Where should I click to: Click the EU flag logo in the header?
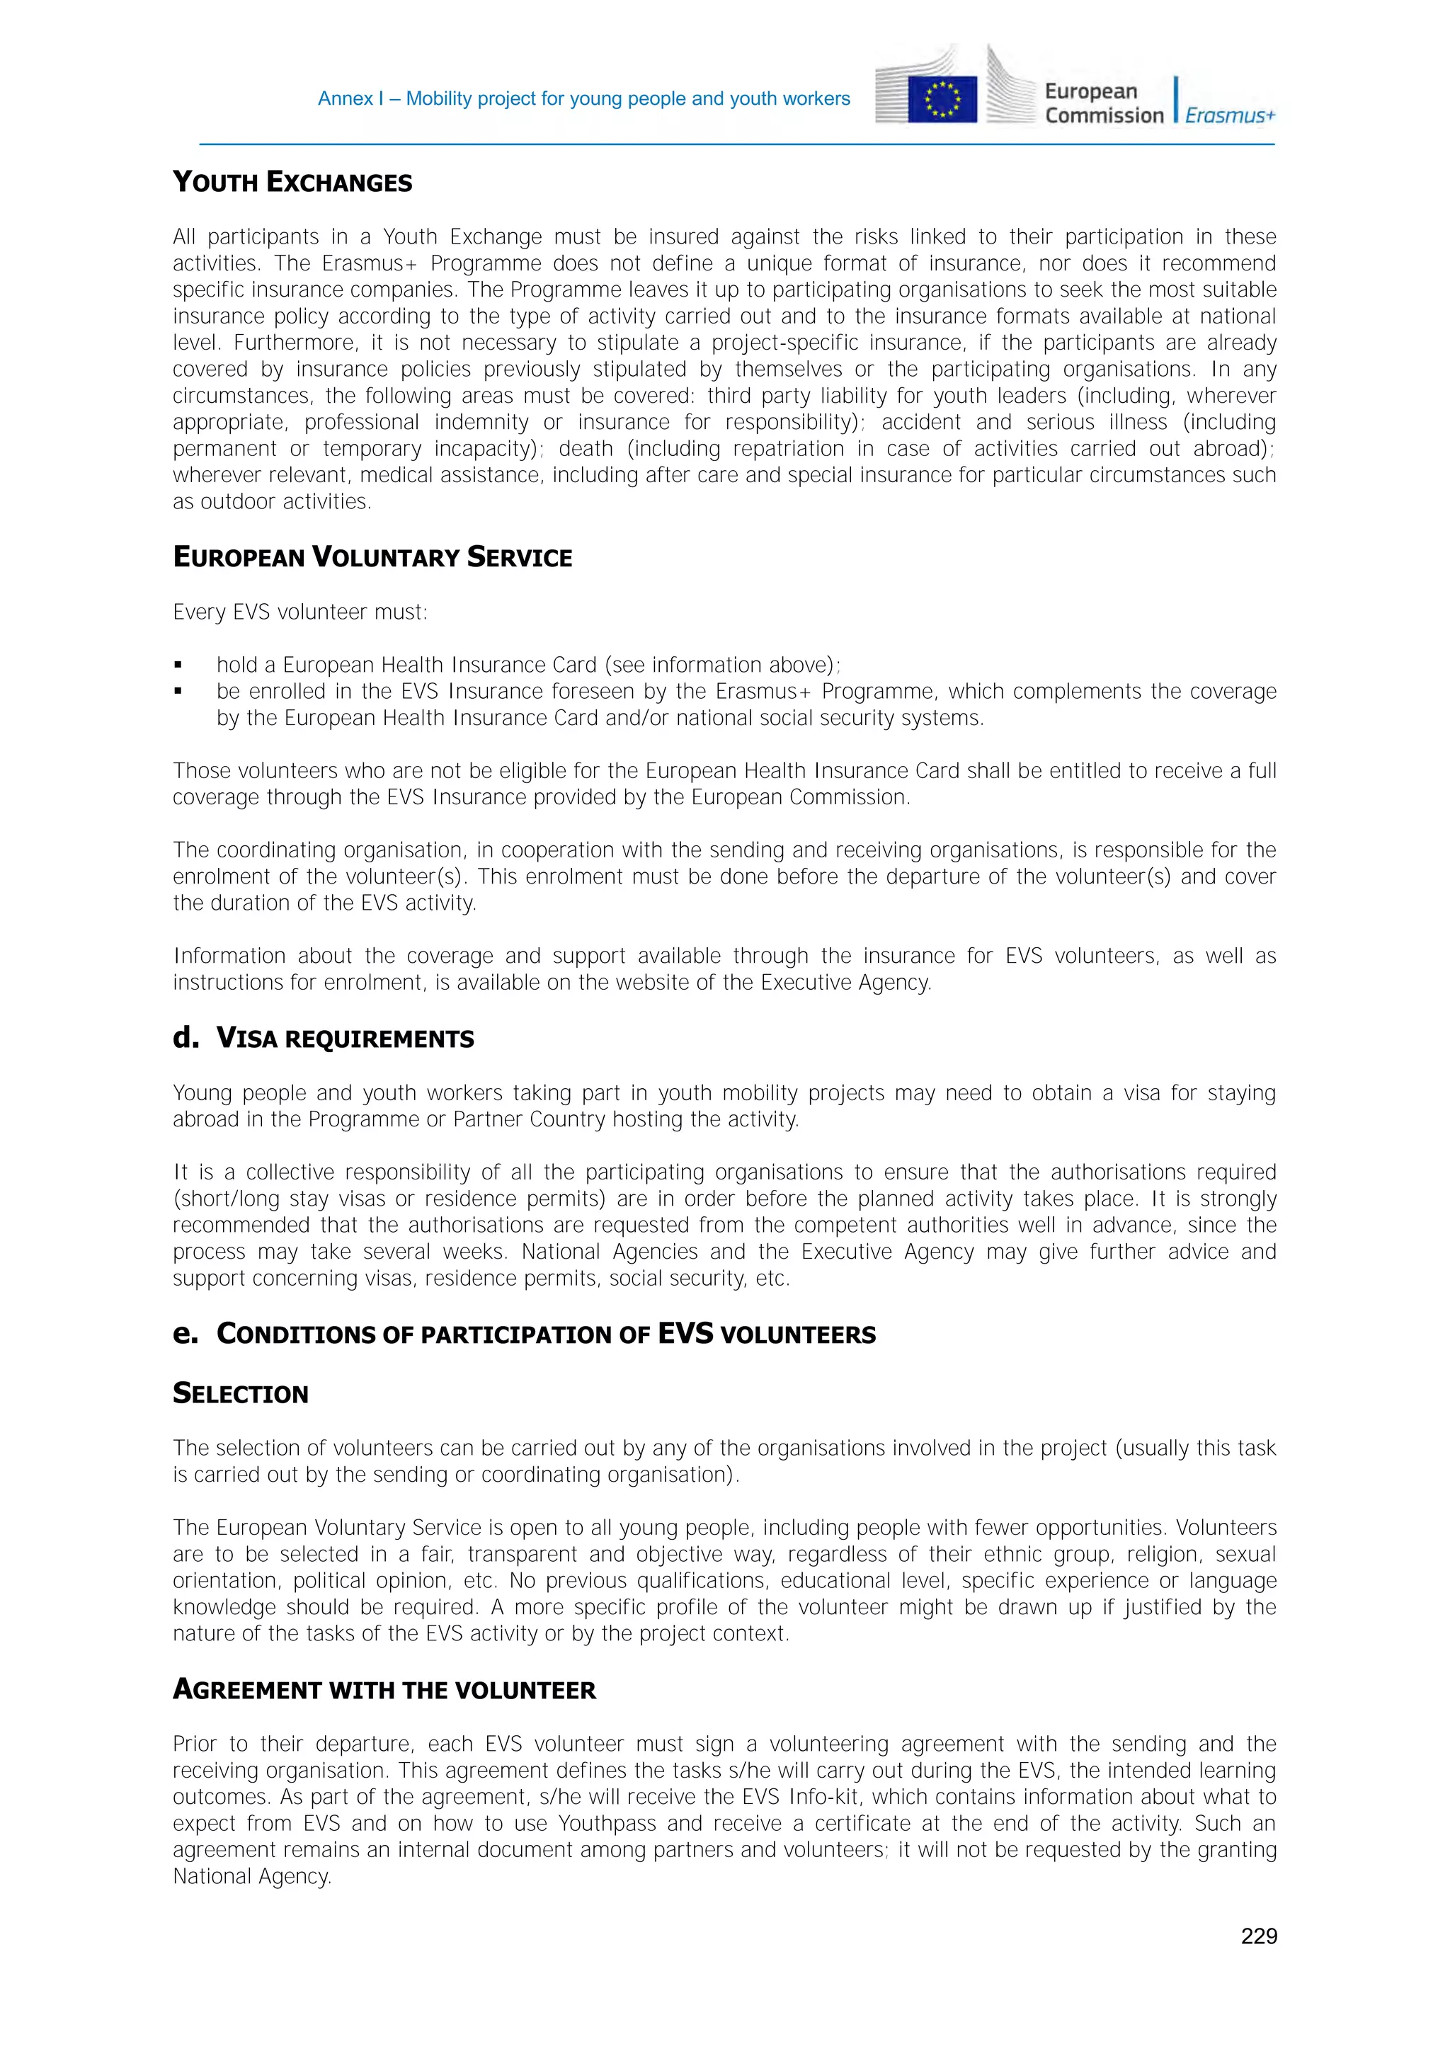[942, 99]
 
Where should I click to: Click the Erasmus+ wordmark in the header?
[1229, 116]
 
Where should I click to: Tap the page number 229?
[1258, 1936]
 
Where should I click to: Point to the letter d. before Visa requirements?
[185, 1037]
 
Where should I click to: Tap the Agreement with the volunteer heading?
[384, 1689]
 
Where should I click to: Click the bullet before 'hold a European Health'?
[178, 665]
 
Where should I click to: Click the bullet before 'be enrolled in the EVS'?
[178, 692]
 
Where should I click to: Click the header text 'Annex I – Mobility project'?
[583, 99]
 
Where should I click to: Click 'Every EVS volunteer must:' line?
[300, 612]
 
